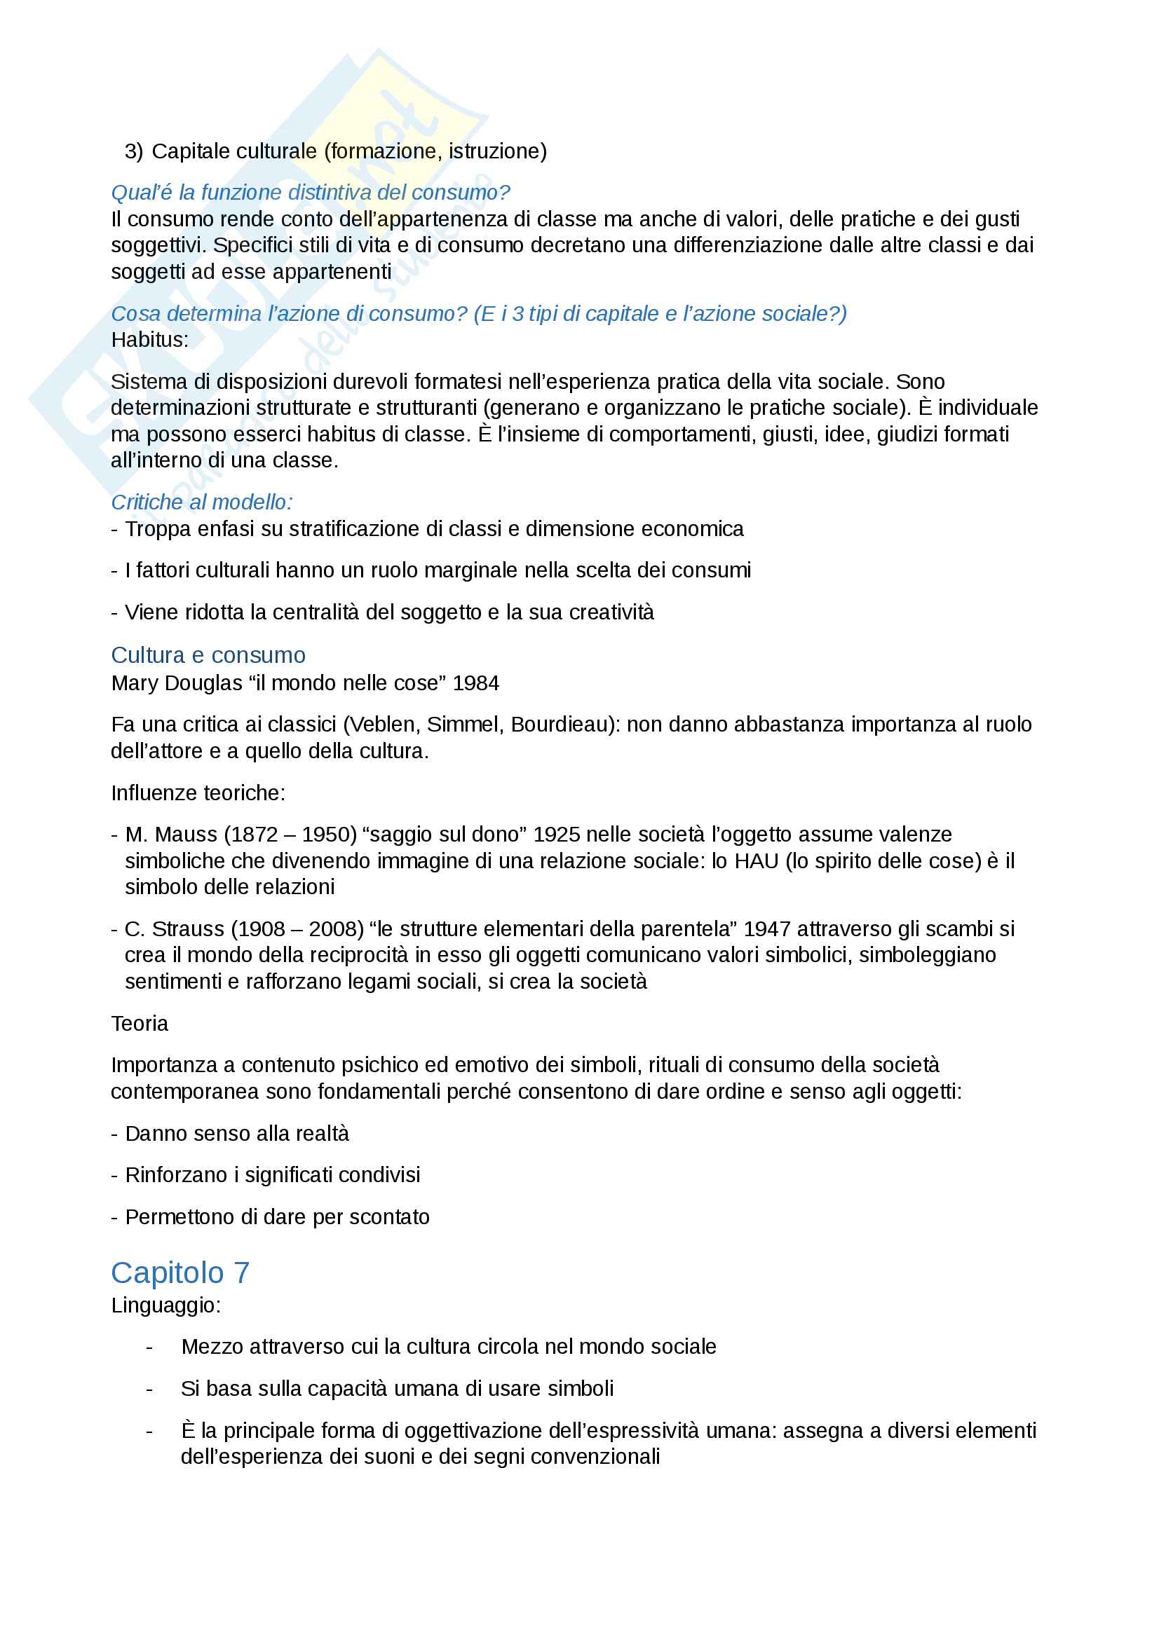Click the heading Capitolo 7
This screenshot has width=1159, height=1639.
tap(180, 1273)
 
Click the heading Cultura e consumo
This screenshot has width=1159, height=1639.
tap(208, 654)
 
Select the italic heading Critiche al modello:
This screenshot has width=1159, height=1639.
tap(201, 502)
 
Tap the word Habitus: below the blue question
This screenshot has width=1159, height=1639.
tap(150, 340)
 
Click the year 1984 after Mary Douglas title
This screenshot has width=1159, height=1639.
tap(475, 683)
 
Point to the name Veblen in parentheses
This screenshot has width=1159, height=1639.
tap(382, 725)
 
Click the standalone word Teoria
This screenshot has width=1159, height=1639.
tap(140, 1024)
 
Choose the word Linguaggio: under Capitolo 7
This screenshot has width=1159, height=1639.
tap(165, 1305)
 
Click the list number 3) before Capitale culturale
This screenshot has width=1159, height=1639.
tap(133, 151)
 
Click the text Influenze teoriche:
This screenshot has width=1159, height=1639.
tap(198, 793)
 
